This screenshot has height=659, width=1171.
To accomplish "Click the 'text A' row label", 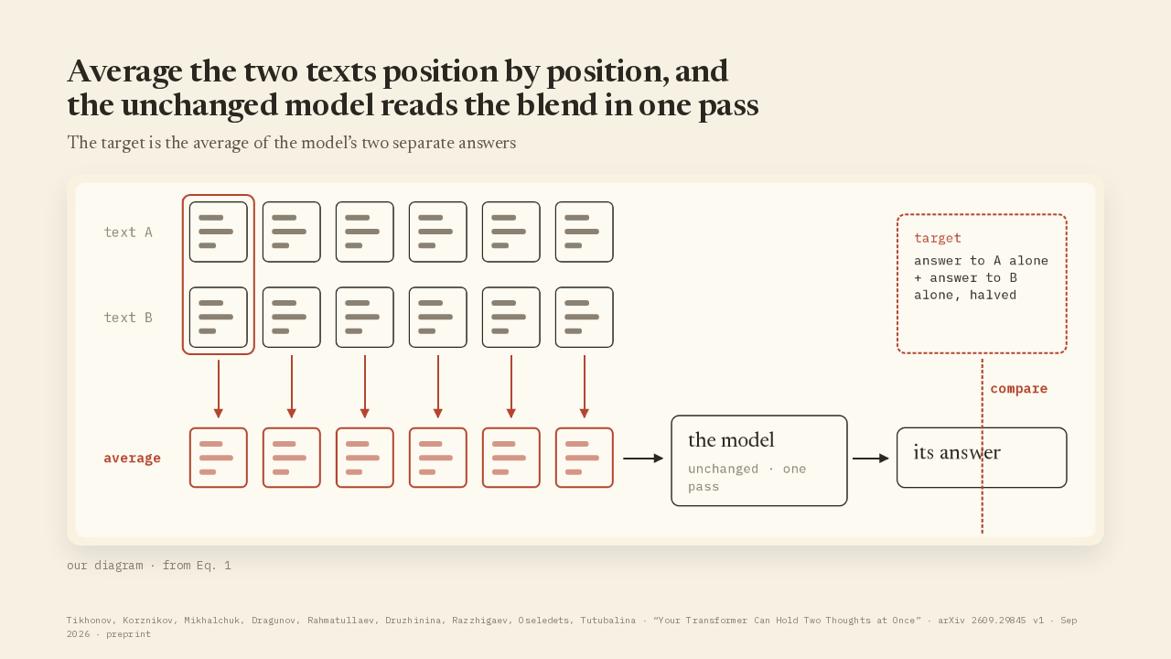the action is (128, 232).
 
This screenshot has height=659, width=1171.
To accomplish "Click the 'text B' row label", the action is (128, 318).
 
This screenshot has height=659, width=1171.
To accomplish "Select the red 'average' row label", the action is (132, 459).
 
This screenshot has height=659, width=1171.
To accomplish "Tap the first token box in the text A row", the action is (219, 232).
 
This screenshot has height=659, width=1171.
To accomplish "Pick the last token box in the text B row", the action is (585, 317).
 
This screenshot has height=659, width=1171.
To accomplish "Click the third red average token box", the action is (365, 458).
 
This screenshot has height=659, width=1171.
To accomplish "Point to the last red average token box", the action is (585, 458).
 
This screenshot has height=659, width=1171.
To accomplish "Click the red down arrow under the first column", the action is (219, 389).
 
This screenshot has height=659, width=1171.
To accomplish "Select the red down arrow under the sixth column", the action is (585, 386).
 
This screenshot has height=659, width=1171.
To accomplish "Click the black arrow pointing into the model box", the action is (643, 459).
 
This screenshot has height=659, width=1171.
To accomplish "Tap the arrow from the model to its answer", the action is (870, 459).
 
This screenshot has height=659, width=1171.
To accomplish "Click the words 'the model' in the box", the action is (731, 440).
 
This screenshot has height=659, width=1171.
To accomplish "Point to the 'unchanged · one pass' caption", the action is (747, 478).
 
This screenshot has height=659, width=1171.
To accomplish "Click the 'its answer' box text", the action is (957, 452).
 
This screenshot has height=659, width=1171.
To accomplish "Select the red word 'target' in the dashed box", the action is (938, 239).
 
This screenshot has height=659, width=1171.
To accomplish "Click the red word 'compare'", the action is (1019, 389).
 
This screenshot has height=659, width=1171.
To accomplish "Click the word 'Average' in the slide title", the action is (125, 71).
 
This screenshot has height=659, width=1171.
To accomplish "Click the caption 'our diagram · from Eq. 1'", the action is (149, 566).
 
